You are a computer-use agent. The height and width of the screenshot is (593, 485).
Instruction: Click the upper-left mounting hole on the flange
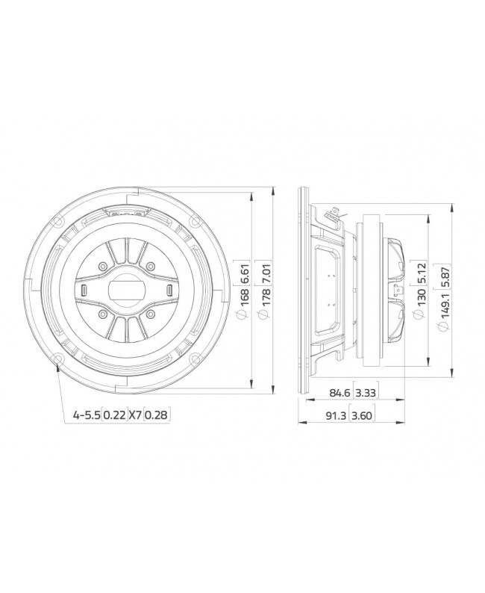coord(57,221)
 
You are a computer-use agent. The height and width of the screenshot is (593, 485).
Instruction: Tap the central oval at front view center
coord(126,289)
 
